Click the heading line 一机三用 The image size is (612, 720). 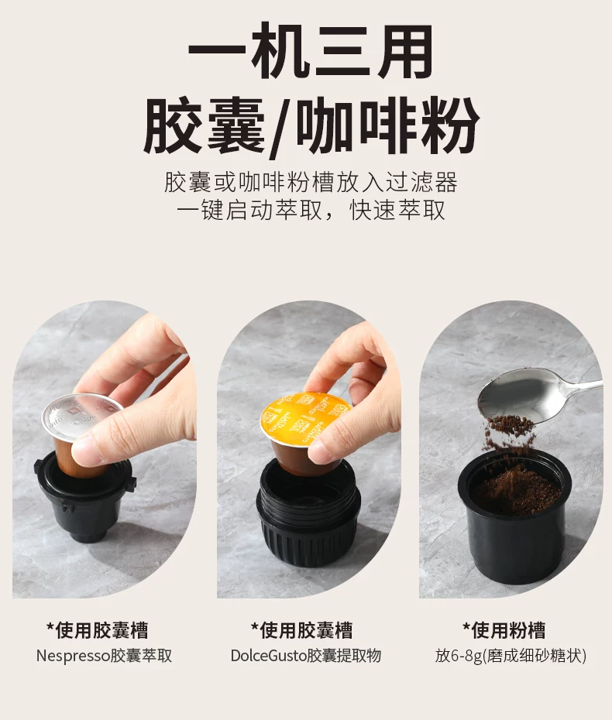(310, 51)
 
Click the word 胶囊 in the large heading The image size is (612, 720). (204, 125)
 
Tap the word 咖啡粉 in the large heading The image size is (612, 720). (387, 125)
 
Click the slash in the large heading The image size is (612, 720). (280, 127)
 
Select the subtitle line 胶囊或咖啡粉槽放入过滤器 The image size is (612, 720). (311, 182)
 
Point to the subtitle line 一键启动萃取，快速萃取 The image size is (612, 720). (311, 211)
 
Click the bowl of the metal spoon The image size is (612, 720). (522, 394)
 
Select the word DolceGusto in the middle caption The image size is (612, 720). (268, 656)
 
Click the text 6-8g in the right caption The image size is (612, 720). (467, 656)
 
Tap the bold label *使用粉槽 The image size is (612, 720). (504, 630)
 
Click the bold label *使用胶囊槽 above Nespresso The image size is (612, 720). (97, 630)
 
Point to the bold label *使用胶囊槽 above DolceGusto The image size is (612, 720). (301, 630)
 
